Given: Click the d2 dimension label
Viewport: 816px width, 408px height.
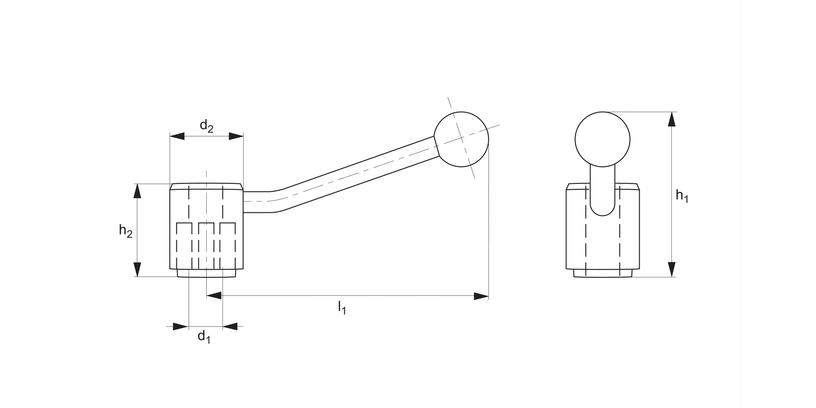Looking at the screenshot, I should [206, 127].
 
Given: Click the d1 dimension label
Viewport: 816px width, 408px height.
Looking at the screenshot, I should [203, 337].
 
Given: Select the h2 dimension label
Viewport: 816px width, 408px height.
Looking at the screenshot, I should [126, 231].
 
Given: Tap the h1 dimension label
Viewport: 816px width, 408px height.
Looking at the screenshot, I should [682, 195].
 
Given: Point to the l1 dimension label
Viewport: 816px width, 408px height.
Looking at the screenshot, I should [342, 308].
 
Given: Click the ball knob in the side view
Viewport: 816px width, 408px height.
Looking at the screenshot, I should [461, 139].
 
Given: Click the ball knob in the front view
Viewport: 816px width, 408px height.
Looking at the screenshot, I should [602, 139].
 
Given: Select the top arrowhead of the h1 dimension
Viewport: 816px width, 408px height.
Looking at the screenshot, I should [672, 119].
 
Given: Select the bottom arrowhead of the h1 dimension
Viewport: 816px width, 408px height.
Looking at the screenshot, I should [672, 269].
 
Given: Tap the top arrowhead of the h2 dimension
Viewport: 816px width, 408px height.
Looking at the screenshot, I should [137, 191].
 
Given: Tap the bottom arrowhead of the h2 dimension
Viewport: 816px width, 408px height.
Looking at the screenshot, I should [137, 269].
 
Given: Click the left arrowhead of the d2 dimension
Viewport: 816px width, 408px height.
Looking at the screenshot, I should [177, 136].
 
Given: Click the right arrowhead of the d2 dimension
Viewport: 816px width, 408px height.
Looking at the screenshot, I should [236, 136].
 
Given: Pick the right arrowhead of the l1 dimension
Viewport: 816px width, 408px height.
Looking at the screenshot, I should [481, 296].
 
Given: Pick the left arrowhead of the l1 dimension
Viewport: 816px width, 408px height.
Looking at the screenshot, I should [214, 296].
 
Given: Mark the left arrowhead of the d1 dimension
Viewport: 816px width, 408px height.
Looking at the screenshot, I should [181, 326].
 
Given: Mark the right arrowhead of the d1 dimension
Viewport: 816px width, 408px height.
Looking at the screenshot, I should [230, 326].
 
